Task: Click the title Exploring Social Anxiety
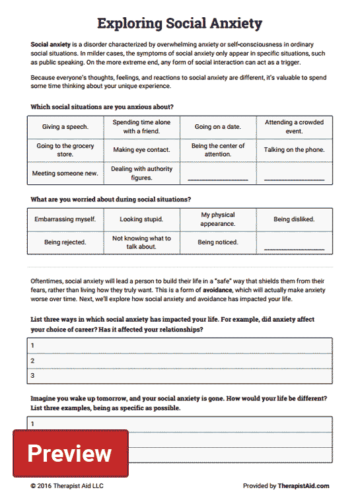tap(180, 24)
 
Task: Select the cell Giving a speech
tap(65, 127)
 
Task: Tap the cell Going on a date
tap(217, 127)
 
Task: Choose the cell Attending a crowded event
tap(294, 127)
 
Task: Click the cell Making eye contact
tap(141, 150)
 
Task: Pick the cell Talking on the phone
tap(294, 150)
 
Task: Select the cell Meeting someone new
tap(65, 173)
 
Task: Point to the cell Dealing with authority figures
tap(141, 173)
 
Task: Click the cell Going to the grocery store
tap(65, 150)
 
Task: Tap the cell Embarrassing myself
tap(65, 219)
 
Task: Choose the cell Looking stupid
tap(141, 219)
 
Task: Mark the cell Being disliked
tap(294, 219)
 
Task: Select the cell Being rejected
tap(65, 242)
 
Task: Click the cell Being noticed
tap(217, 242)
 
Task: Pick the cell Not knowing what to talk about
tap(141, 242)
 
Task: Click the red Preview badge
tap(70, 453)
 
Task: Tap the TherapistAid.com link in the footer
tap(303, 486)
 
